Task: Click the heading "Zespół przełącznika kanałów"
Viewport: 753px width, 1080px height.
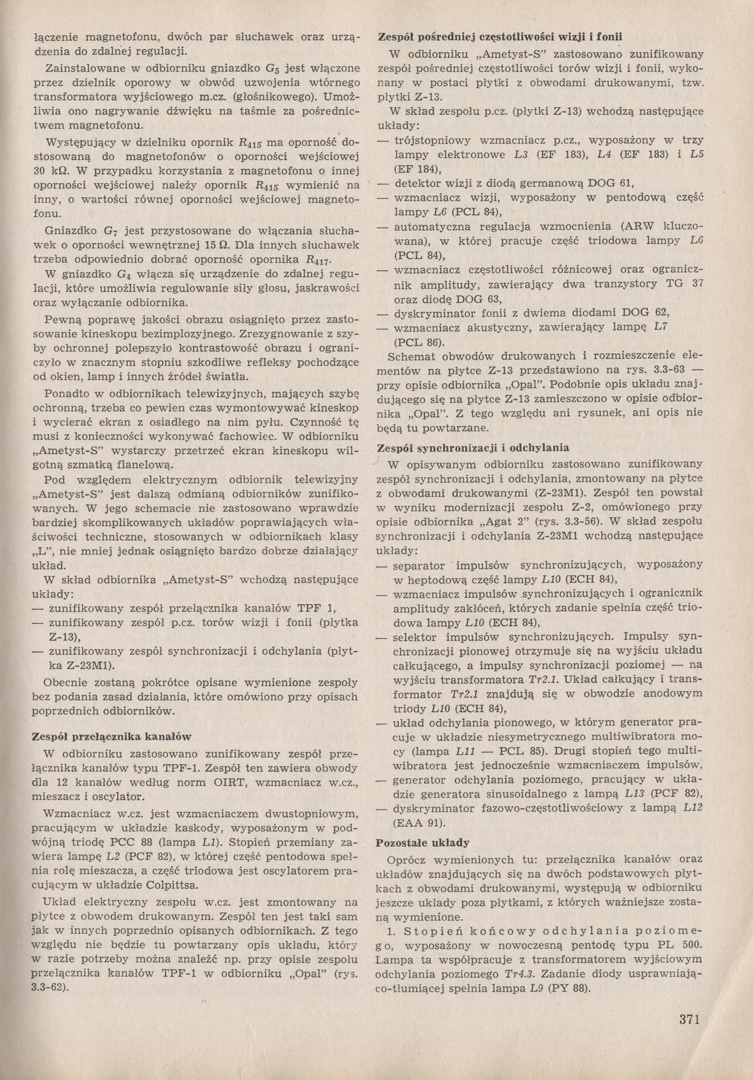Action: [112, 737]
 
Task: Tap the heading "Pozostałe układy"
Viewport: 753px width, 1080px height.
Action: [422, 842]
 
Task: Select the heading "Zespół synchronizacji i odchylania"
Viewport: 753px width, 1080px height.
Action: [474, 448]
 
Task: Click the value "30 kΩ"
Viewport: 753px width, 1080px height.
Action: [49, 171]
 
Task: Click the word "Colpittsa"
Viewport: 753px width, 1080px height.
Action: [185, 885]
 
